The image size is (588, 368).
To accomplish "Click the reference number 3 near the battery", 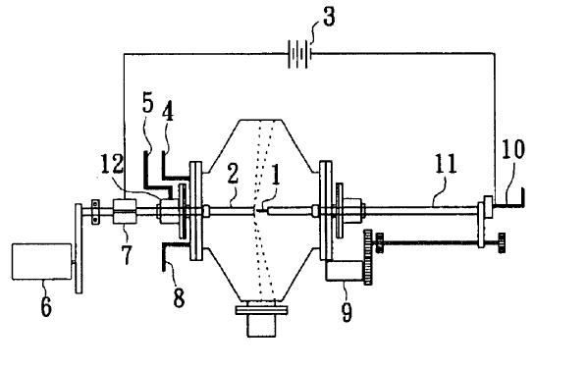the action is pos(329,18).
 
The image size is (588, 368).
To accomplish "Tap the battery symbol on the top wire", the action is pos(298,54).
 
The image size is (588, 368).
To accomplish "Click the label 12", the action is pos(112,164).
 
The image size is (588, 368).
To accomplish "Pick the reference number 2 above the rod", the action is pos(233,174).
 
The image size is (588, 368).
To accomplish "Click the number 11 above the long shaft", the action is pos(446,164).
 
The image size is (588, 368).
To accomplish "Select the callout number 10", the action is pos(513,149).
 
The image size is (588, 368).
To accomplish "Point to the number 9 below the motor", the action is pos(347,312).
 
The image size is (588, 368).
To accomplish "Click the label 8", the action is pos(179,298).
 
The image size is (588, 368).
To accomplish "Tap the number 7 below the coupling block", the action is pos(127,254).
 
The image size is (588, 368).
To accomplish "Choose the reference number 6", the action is pos(46,307).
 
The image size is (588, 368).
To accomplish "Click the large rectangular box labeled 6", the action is pos(41,262).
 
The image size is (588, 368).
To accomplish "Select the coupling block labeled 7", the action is pos(124,211).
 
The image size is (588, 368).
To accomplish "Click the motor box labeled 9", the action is pos(345,271).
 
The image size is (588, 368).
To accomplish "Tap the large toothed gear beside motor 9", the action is pos(368,257).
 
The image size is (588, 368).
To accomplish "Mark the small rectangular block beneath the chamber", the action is pos(261,325).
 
